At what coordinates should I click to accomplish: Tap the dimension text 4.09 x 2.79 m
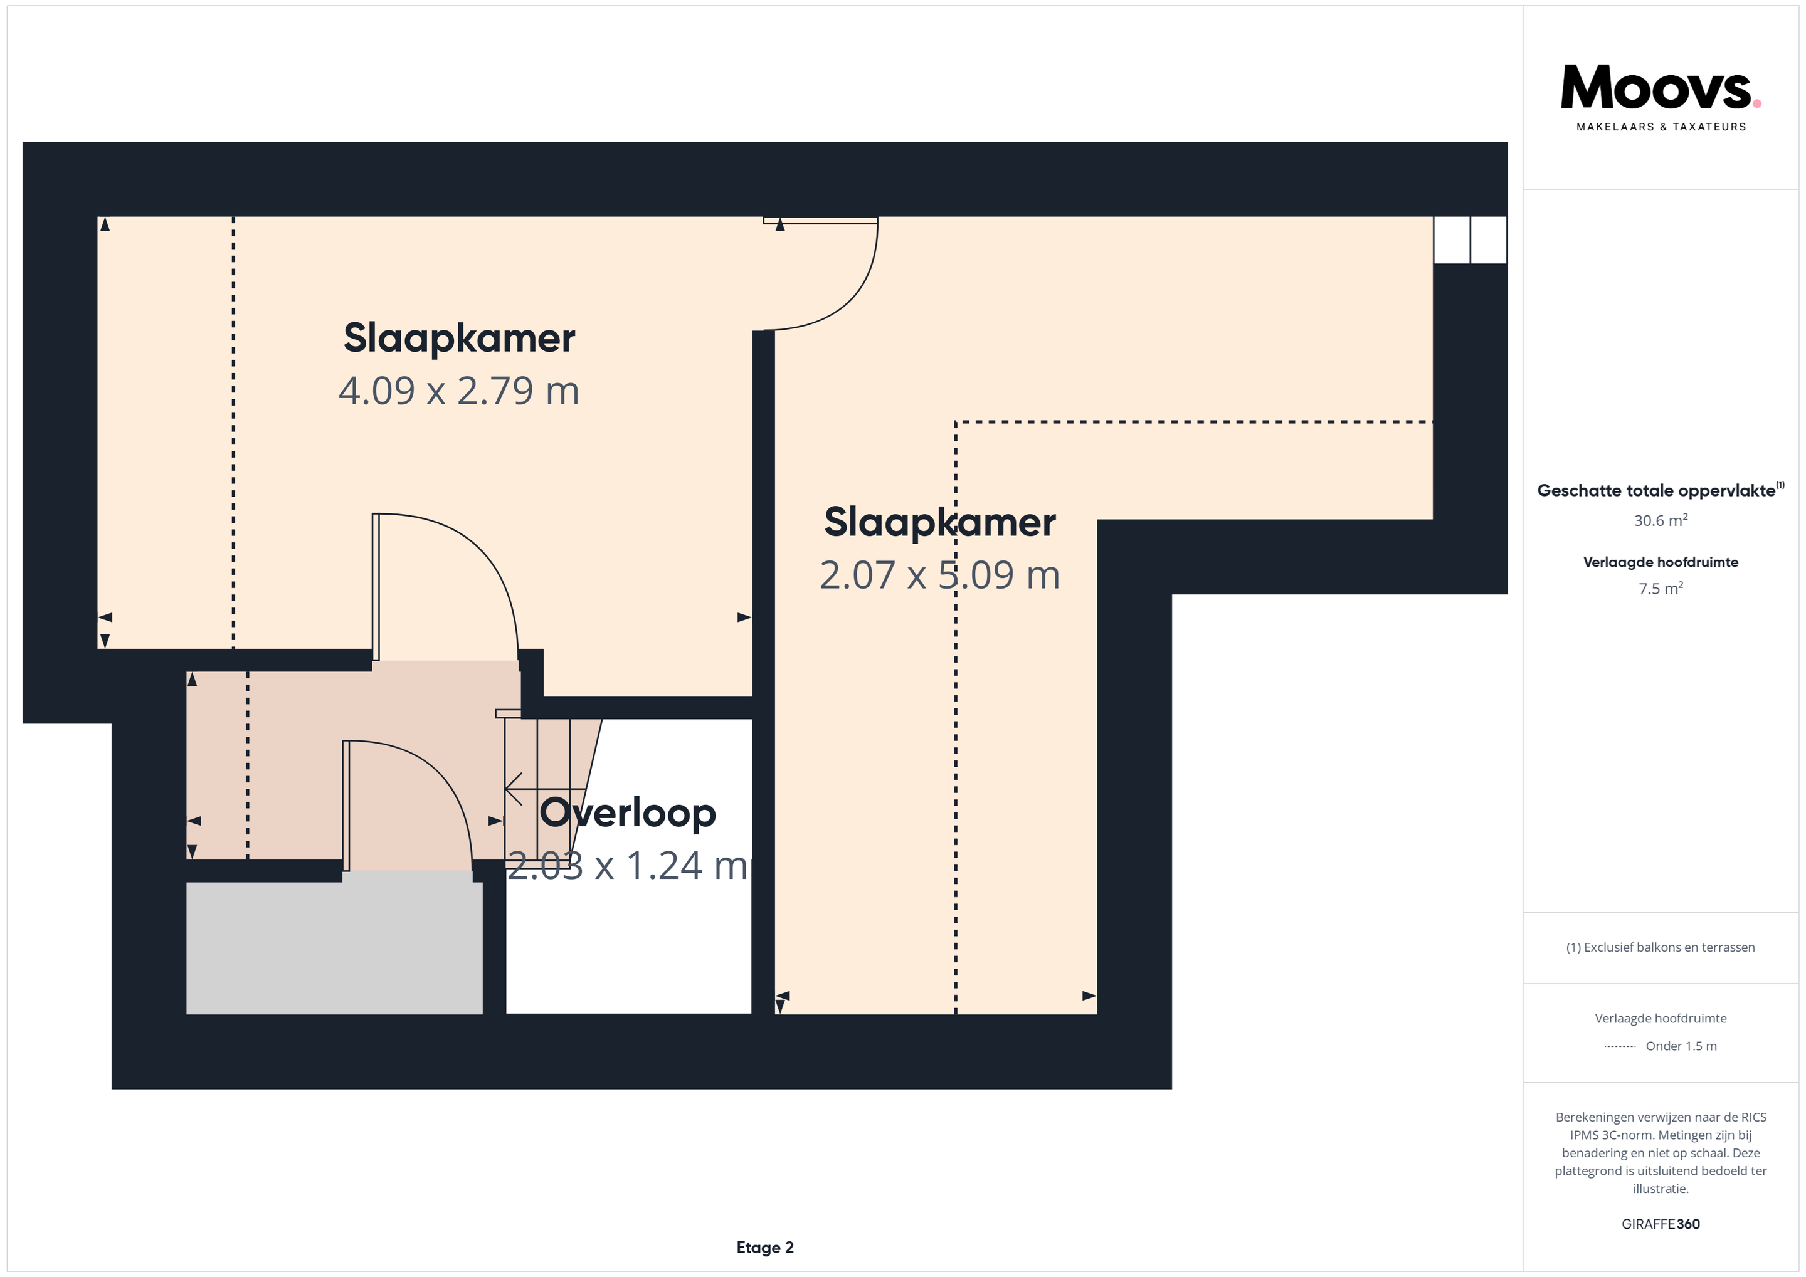[458, 391]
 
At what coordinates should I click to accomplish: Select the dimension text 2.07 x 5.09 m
[939, 575]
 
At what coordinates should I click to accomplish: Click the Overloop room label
[628, 813]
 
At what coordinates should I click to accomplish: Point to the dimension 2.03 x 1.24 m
[627, 866]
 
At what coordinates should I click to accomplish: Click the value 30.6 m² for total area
[1661, 520]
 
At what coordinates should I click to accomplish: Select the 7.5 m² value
[1661, 588]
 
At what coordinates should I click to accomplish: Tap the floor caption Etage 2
[764, 1247]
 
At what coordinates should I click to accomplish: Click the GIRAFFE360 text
[1661, 1224]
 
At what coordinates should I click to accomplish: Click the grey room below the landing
[334, 949]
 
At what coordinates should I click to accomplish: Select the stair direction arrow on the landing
[544, 789]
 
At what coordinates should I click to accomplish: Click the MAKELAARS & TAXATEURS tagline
[1661, 127]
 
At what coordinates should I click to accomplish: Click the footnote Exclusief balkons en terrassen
[1661, 947]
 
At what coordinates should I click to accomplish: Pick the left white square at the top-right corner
[1451, 240]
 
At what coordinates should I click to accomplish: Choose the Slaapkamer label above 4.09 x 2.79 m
[460, 338]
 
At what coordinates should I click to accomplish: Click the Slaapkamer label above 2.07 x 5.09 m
[940, 522]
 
